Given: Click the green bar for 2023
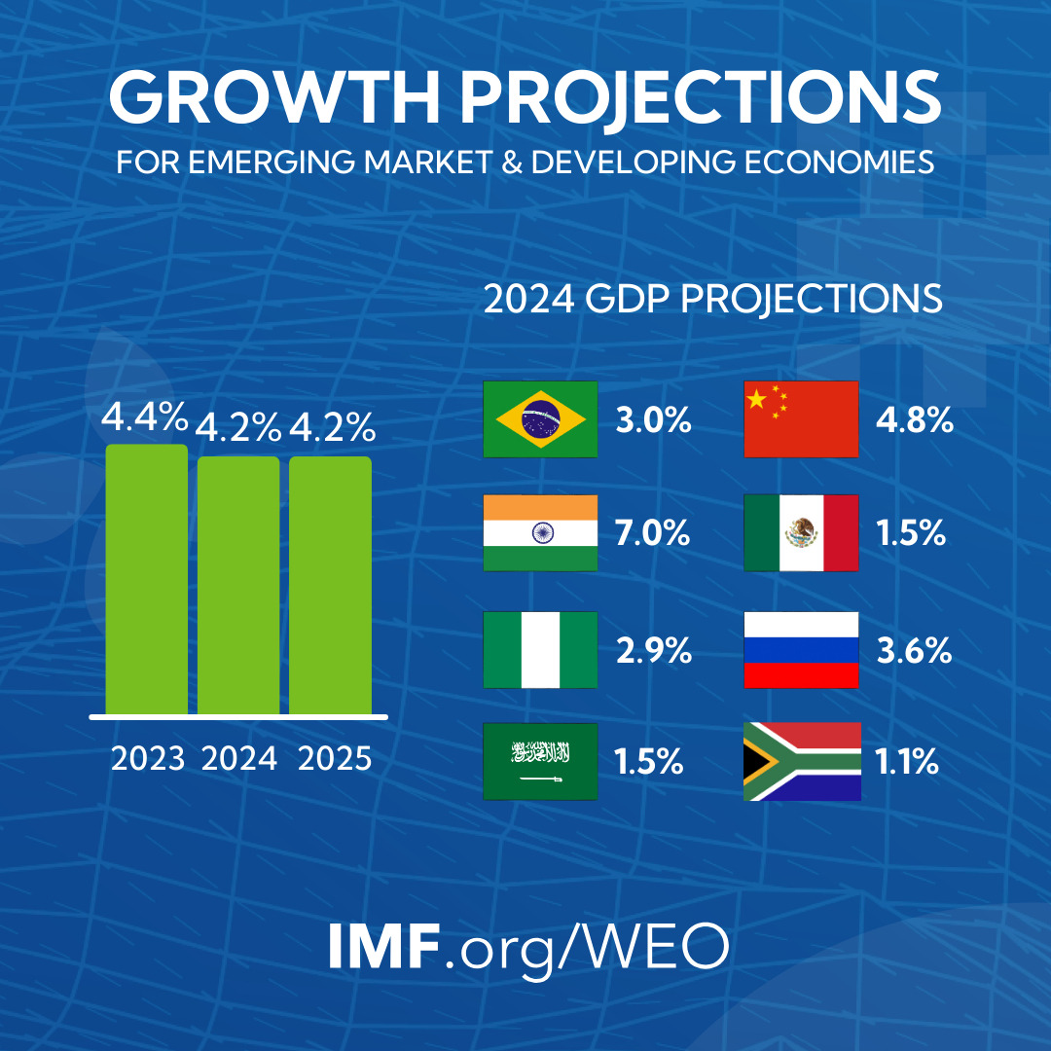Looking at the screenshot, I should (146, 580).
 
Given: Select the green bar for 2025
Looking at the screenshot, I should (330, 586).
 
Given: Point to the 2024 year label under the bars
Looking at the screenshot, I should (238, 758).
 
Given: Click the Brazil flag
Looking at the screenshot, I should (540, 419).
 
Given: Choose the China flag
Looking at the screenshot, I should (801, 419).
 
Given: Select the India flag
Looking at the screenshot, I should (540, 533).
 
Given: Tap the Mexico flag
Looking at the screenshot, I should (801, 533).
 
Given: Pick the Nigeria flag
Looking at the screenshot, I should (540, 650).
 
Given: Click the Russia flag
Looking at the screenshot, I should (801, 650).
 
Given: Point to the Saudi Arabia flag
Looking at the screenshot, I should (540, 762).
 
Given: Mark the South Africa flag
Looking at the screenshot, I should (801, 762).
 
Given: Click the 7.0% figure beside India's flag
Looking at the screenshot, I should (652, 533).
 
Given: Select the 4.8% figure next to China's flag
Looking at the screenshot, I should (914, 421).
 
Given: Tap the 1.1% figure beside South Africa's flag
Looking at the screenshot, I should (906, 762).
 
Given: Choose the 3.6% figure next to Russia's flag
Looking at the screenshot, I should (914, 650).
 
